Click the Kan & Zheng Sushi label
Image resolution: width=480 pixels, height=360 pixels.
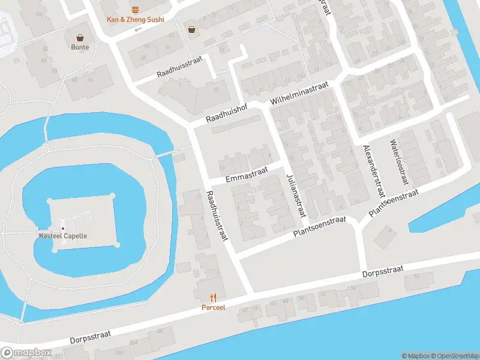135,19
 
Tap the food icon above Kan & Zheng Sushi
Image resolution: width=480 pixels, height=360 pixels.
135,9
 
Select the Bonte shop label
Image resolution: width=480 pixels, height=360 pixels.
80,47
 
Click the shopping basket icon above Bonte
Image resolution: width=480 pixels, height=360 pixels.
80,37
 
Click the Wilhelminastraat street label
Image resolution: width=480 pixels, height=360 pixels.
300,94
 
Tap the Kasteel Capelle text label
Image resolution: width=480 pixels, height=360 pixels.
63,236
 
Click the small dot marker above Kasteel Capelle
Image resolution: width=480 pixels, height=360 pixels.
63,227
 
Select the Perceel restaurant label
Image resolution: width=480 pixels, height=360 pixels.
212,307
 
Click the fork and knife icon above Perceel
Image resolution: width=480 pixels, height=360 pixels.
212,297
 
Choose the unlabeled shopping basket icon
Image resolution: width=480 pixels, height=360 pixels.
191,28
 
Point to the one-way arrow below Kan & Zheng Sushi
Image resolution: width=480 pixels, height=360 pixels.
139,29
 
